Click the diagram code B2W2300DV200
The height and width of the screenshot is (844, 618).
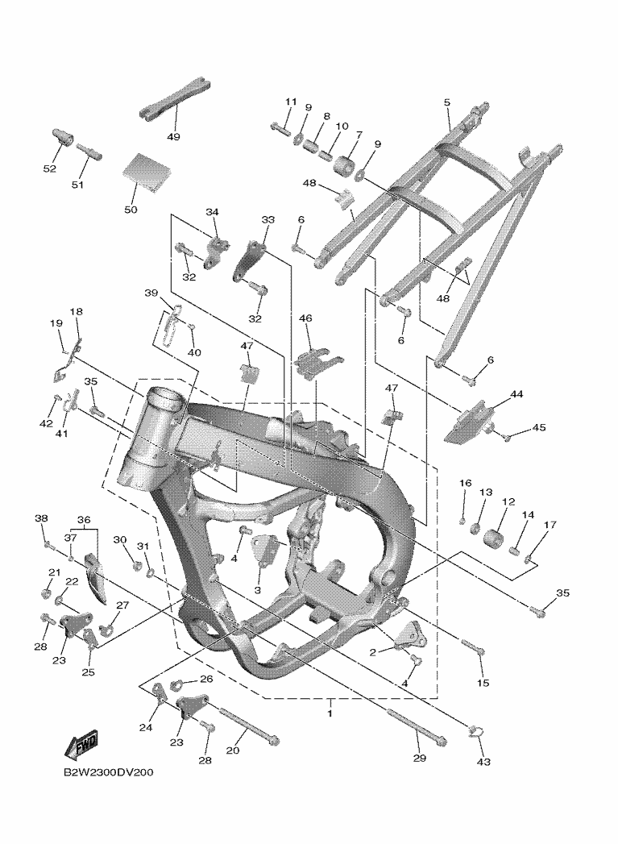109,772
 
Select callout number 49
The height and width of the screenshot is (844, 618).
173,136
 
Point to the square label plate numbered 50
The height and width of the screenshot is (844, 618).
147,172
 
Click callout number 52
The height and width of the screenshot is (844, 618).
50,168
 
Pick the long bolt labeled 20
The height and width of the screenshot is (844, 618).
246,726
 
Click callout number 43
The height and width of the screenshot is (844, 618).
484,761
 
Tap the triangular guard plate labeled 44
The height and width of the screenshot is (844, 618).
468,420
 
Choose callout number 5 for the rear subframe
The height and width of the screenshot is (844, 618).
447,102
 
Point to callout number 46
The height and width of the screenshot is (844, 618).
305,319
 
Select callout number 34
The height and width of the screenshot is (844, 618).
212,212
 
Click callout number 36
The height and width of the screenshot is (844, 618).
84,520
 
